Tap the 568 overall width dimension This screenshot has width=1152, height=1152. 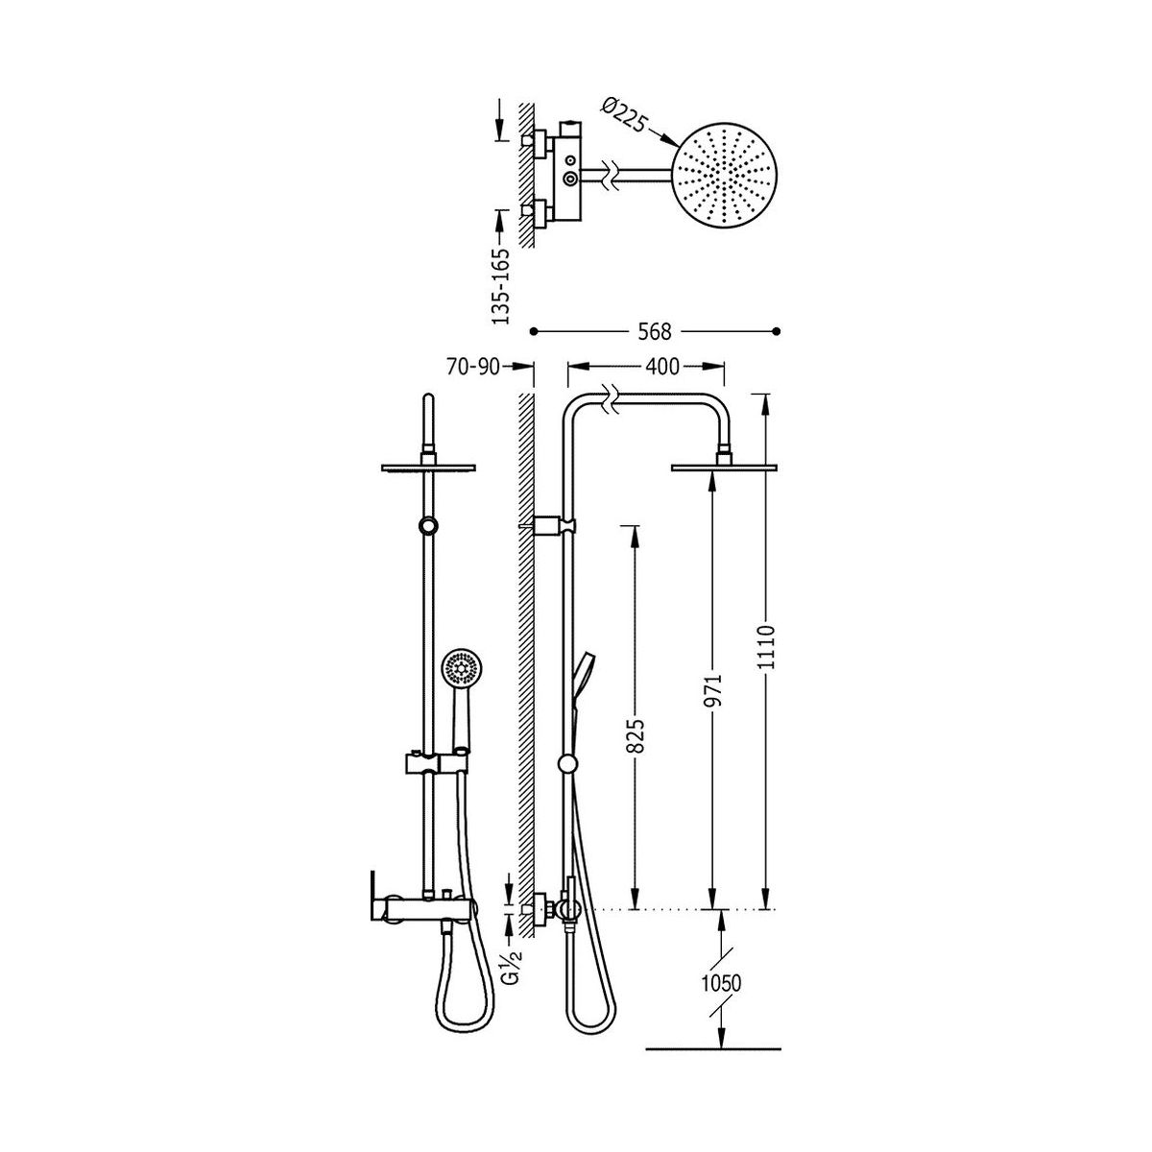(x=655, y=332)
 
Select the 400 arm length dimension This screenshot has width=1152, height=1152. (x=663, y=367)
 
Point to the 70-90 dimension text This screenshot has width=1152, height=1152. (x=472, y=367)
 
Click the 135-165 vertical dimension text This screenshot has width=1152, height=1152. (x=501, y=286)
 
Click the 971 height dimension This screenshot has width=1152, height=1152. (x=713, y=690)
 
